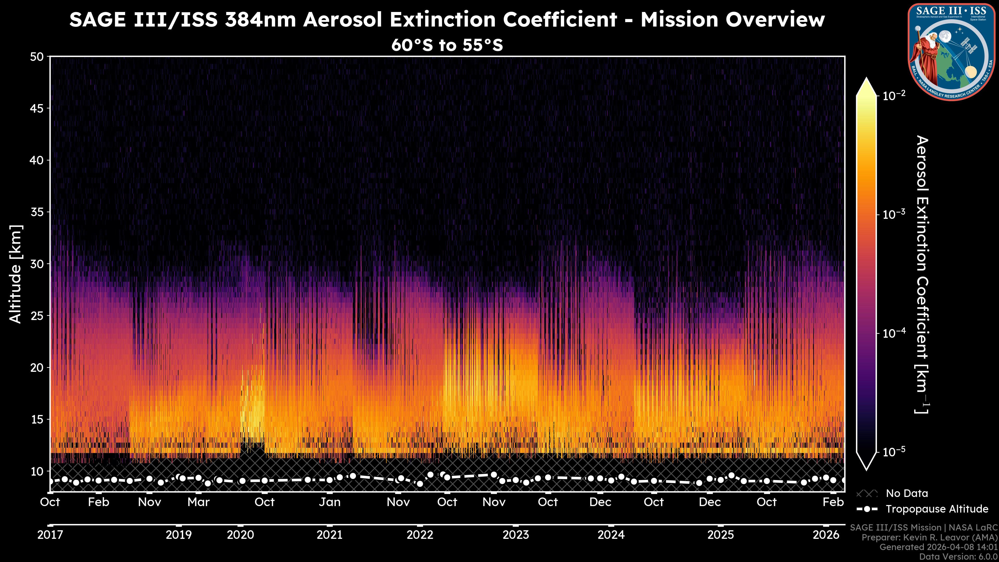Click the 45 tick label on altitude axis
[37, 108]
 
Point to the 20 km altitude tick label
[37, 368]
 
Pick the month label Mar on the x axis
[198, 502]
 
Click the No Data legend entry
[907, 493]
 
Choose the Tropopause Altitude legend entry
[937, 509]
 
